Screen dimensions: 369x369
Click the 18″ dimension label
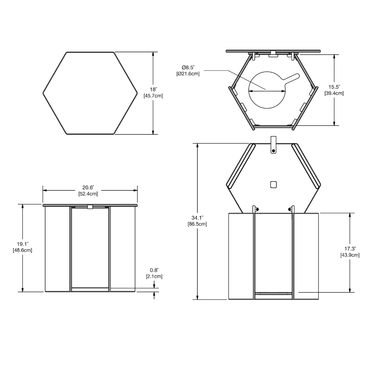click(x=153, y=90)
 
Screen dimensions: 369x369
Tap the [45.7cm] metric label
click(x=153, y=96)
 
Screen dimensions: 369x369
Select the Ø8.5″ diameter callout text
click(x=188, y=68)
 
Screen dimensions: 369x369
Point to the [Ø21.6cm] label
click(x=188, y=74)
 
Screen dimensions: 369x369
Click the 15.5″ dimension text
click(x=334, y=87)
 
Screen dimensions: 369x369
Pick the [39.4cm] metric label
click(x=334, y=93)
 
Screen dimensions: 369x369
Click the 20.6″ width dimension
click(x=88, y=188)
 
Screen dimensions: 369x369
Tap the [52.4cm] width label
click(x=88, y=194)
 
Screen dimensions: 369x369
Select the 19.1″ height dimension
click(x=23, y=244)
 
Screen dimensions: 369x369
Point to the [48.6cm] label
click(x=23, y=250)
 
